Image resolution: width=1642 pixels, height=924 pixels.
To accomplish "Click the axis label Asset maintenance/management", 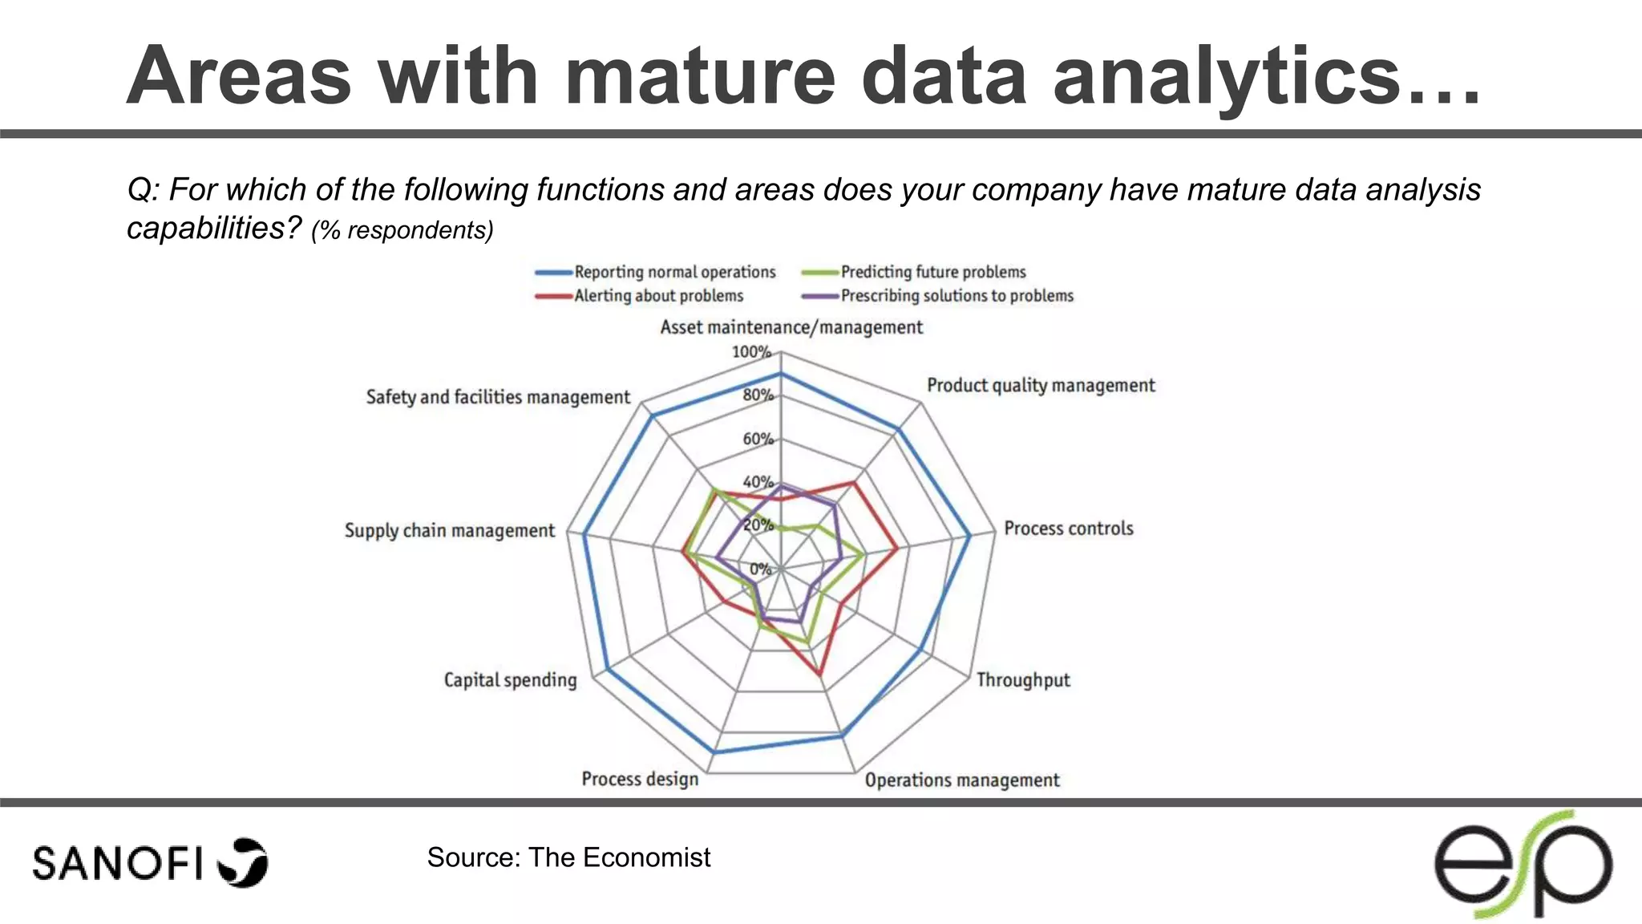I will click(x=791, y=327).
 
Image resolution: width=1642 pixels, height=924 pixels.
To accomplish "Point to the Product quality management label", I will click(x=1041, y=386).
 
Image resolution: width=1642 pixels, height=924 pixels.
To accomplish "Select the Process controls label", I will click(x=1068, y=529).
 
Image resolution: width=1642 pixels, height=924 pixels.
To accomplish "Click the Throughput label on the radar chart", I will click(x=1023, y=680).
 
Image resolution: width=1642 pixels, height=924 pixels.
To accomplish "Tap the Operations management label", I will click(x=962, y=780).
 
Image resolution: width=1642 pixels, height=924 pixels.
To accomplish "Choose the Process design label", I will click(x=640, y=779).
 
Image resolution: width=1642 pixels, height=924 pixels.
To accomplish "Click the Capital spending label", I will click(x=510, y=680).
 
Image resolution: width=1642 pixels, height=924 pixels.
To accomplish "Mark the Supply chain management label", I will click(x=449, y=531).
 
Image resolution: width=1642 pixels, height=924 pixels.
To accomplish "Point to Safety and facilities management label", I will click(x=498, y=397).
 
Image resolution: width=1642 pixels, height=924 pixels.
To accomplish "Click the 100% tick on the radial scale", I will click(x=751, y=352).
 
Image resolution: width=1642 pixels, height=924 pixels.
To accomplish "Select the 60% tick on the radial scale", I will click(x=758, y=439).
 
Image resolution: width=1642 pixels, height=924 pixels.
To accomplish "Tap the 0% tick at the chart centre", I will click(x=760, y=569).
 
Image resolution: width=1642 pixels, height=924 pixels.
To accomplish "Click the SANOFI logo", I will click(x=150, y=863).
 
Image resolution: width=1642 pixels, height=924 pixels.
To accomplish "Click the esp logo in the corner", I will click(x=1523, y=865).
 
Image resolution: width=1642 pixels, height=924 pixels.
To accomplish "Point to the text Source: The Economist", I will click(x=568, y=857).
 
